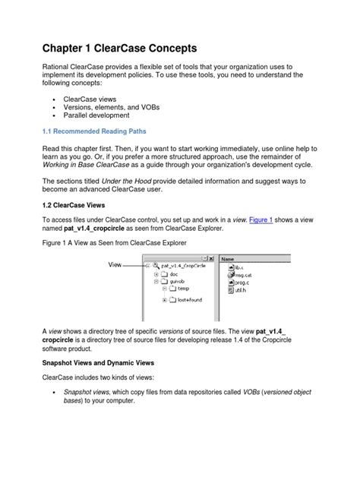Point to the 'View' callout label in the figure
(x=115, y=265)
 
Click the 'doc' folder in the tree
(x=174, y=273)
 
